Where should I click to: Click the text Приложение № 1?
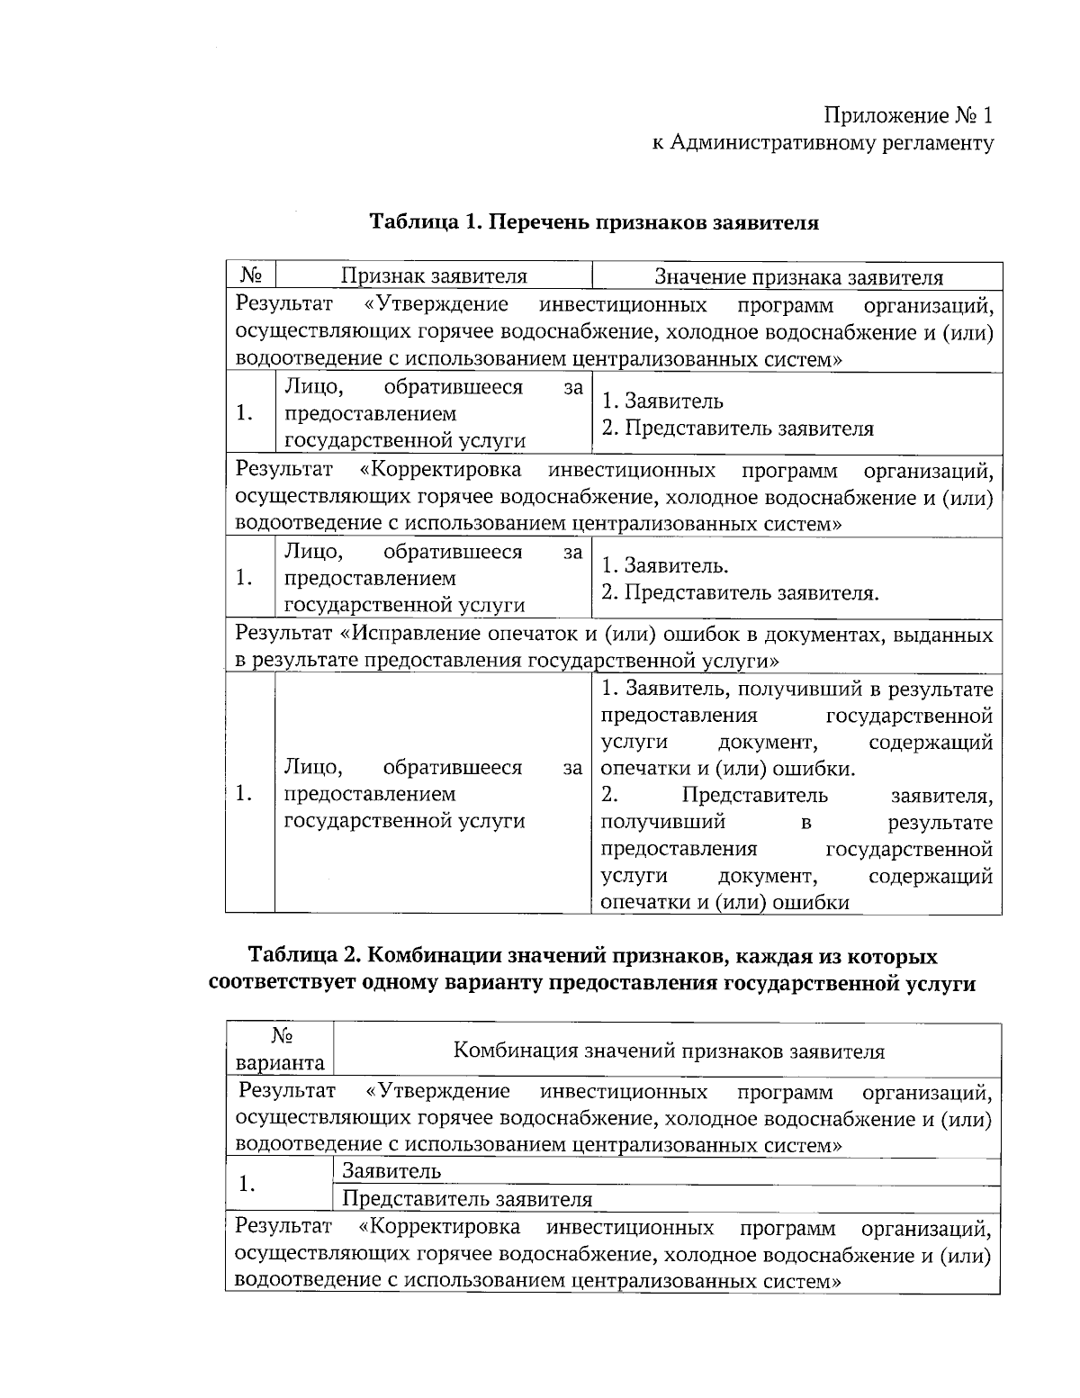[x=909, y=116]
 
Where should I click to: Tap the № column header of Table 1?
[x=250, y=276]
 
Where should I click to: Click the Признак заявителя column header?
[x=433, y=276]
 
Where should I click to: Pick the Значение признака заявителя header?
[x=797, y=276]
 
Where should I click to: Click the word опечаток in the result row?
[x=536, y=635]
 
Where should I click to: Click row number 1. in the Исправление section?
[x=242, y=794]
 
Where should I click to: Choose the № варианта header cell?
[x=280, y=1049]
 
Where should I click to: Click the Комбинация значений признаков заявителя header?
[x=668, y=1051]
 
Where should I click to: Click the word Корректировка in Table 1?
[x=440, y=470]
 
